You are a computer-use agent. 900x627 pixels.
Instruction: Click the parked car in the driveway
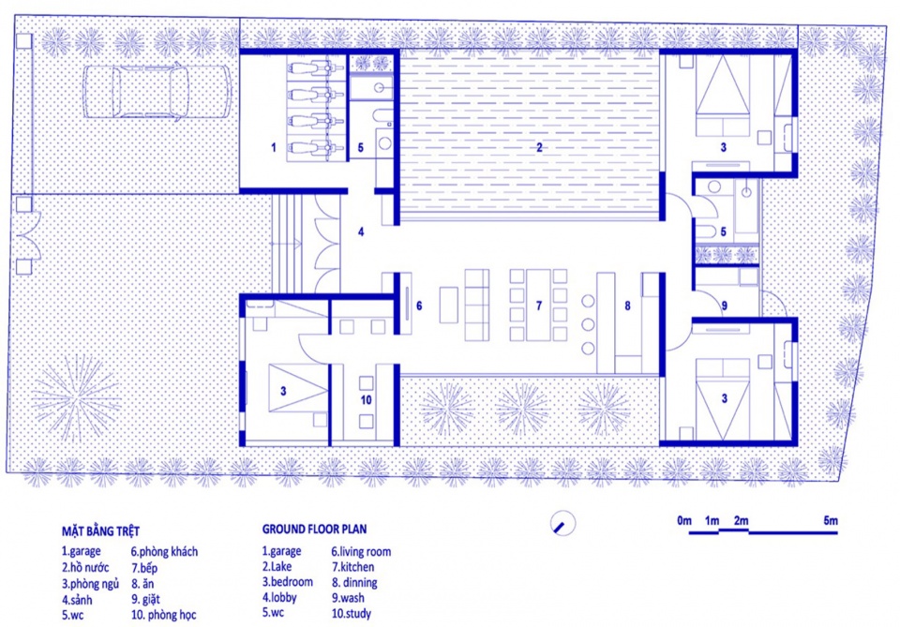[157, 92]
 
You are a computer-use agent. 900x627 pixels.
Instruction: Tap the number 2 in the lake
[539, 147]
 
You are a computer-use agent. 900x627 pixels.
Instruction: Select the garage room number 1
[273, 147]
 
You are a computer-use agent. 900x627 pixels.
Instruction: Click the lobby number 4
[361, 231]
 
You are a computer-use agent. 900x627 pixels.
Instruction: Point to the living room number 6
[419, 306]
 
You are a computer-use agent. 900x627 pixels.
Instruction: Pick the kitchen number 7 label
[538, 306]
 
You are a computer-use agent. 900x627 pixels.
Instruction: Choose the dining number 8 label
[627, 306]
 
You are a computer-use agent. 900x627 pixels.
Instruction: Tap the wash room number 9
[725, 306]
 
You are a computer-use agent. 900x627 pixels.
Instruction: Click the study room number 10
[367, 400]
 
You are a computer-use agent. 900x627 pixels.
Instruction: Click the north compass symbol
[562, 523]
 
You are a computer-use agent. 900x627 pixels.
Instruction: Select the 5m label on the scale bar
[831, 521]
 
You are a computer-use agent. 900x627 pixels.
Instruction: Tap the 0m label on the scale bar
[684, 521]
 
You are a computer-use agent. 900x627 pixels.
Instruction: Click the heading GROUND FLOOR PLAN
[315, 529]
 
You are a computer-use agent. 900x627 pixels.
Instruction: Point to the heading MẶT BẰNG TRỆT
[100, 530]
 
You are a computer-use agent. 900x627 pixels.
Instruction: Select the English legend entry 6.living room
[361, 552]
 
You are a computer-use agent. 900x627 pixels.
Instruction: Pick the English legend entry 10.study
[352, 613]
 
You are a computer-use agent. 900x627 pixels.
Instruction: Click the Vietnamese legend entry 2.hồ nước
[85, 567]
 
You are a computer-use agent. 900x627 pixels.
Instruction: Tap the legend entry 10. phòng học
[163, 615]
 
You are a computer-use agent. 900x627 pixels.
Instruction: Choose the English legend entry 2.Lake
[277, 567]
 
